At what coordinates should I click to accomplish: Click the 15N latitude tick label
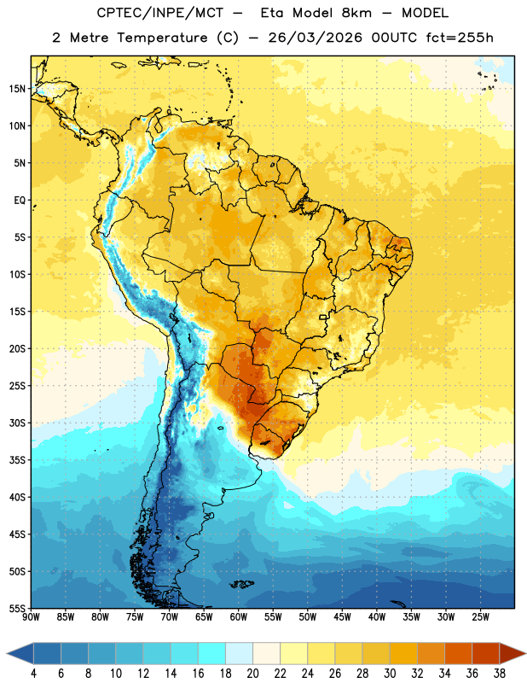pyautogui.click(x=17, y=89)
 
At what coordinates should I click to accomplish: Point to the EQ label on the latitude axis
pyautogui.click(x=20, y=201)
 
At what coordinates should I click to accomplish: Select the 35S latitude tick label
pyautogui.click(x=17, y=460)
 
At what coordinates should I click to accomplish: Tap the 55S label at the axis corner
pyautogui.click(x=17, y=608)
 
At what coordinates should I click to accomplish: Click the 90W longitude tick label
pyautogui.click(x=31, y=617)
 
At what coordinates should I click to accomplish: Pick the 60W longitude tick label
pyautogui.click(x=239, y=617)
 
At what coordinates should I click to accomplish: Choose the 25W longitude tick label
pyautogui.click(x=480, y=617)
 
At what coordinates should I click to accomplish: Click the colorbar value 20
pyautogui.click(x=252, y=674)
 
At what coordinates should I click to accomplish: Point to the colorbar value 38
pyautogui.click(x=500, y=674)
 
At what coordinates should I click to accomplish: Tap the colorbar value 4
pyautogui.click(x=33, y=674)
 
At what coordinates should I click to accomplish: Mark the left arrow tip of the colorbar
pyautogui.click(x=7, y=653)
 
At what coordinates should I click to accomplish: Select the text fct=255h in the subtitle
pyautogui.click(x=460, y=38)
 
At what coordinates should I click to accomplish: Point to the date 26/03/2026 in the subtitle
pyautogui.click(x=315, y=38)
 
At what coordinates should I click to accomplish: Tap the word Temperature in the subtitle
pyautogui.click(x=162, y=38)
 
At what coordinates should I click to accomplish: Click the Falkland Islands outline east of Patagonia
pyautogui.click(x=242, y=584)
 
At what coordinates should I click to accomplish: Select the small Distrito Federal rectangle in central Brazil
pyautogui.click(x=323, y=317)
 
